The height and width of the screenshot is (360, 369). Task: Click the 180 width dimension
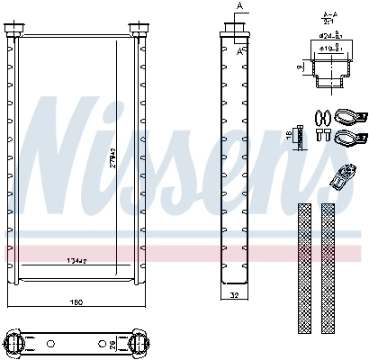[77, 301]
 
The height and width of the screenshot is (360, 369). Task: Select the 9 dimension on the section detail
[299, 67]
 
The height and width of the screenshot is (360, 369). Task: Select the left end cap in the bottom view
[19, 342]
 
